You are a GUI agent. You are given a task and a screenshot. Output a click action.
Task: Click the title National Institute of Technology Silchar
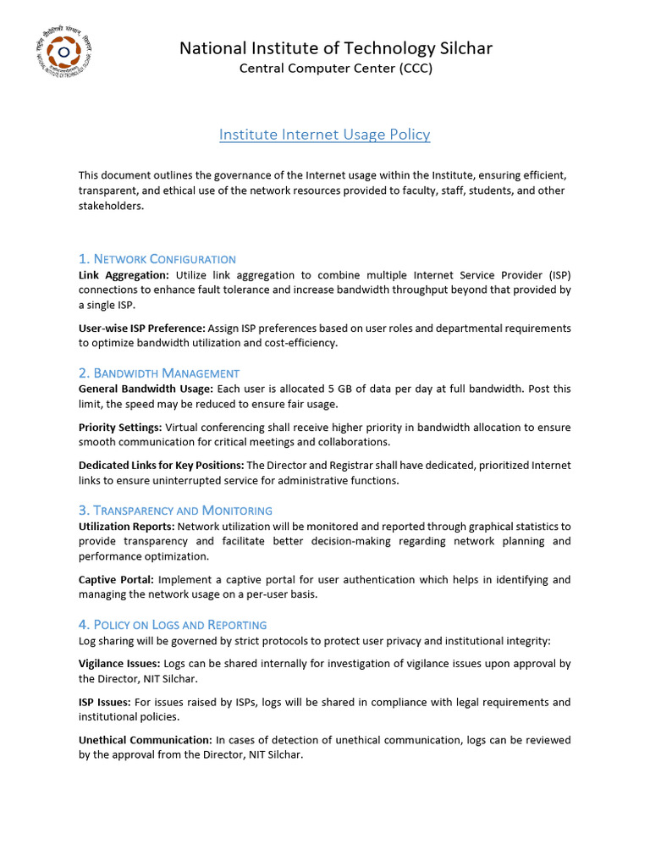coord(335,48)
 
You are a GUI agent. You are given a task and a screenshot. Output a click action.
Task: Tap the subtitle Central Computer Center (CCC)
coord(335,69)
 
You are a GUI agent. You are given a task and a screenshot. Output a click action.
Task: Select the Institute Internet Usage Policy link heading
coord(324,135)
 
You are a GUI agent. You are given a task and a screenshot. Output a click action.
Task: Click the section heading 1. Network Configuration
coord(157,259)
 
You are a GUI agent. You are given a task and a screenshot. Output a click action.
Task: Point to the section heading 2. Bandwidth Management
coord(158,373)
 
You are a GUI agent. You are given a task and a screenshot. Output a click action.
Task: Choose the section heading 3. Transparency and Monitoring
coord(175,511)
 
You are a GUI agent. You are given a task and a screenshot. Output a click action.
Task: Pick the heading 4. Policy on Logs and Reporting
coord(173,625)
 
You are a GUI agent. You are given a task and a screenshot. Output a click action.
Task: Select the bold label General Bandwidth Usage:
coord(146,389)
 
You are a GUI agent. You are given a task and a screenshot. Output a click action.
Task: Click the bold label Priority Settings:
coord(120,427)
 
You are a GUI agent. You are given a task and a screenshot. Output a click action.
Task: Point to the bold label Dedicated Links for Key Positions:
coord(161,465)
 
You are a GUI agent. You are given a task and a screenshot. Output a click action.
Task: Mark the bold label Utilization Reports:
coord(126,526)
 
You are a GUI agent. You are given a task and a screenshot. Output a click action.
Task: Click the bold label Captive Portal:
coord(116,579)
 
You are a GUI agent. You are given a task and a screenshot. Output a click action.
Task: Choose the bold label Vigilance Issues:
coord(118,663)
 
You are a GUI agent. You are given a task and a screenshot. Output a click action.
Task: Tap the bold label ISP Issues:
coord(104,702)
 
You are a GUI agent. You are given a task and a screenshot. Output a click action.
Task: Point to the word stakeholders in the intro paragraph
coord(110,206)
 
